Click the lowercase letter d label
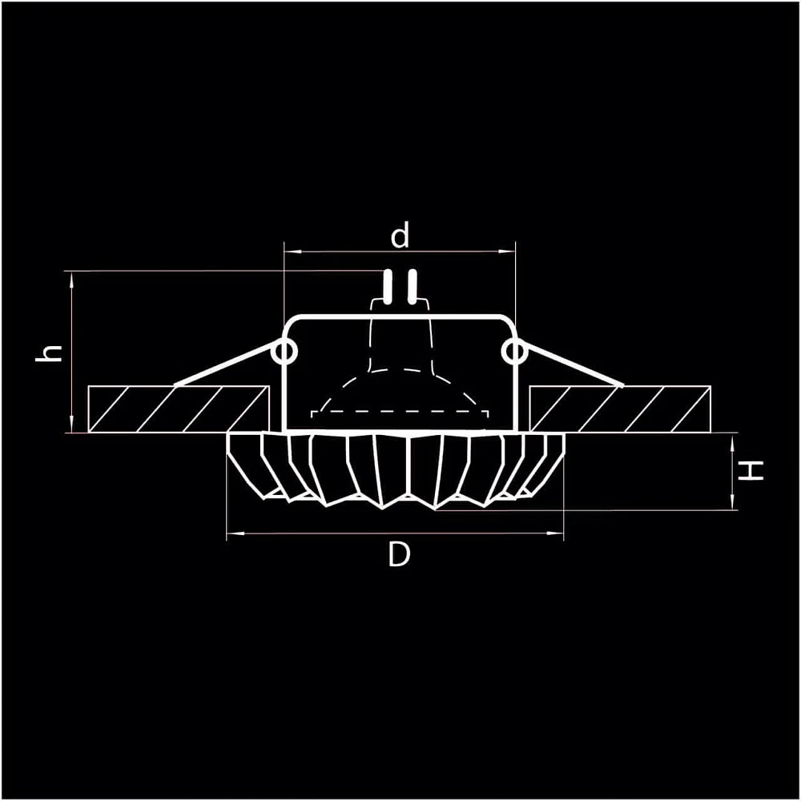400,236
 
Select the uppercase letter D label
399,554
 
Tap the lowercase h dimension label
49,353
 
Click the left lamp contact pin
388,286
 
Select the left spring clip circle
284,352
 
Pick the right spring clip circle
514,352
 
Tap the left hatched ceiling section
179,409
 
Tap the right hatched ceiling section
620,409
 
